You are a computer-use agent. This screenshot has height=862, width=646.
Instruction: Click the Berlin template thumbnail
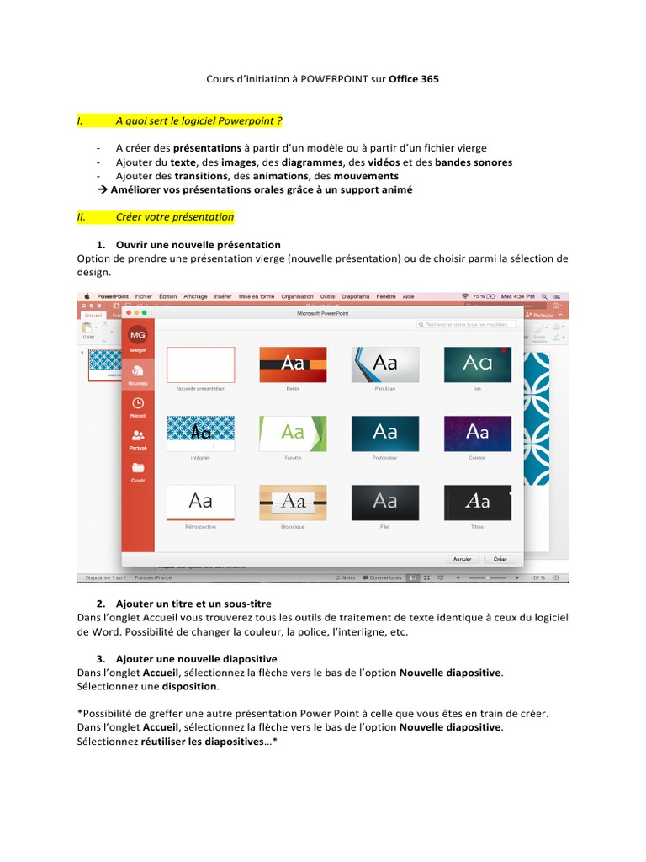tap(293, 364)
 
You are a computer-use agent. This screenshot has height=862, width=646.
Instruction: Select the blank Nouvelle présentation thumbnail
tap(200, 364)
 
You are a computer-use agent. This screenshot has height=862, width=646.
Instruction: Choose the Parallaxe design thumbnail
tap(385, 364)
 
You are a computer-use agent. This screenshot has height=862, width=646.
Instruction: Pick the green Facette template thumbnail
tap(293, 433)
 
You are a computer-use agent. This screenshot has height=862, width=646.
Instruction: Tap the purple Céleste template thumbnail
tap(477, 433)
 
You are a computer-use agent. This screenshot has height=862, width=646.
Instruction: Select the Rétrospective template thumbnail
tap(200, 502)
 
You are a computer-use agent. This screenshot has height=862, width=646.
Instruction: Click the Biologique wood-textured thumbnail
tap(293, 502)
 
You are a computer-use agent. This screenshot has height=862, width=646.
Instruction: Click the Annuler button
tap(462, 559)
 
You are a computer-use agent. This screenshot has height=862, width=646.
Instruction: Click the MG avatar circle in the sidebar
tap(137, 335)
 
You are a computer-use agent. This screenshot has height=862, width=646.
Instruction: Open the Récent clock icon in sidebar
tap(138, 404)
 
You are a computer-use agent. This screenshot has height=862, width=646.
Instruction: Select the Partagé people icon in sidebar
tap(138, 435)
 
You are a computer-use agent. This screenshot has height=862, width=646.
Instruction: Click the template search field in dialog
tap(467, 324)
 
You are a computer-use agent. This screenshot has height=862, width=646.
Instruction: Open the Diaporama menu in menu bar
tap(356, 296)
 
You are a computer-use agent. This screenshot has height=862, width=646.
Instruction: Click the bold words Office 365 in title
tap(413, 79)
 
